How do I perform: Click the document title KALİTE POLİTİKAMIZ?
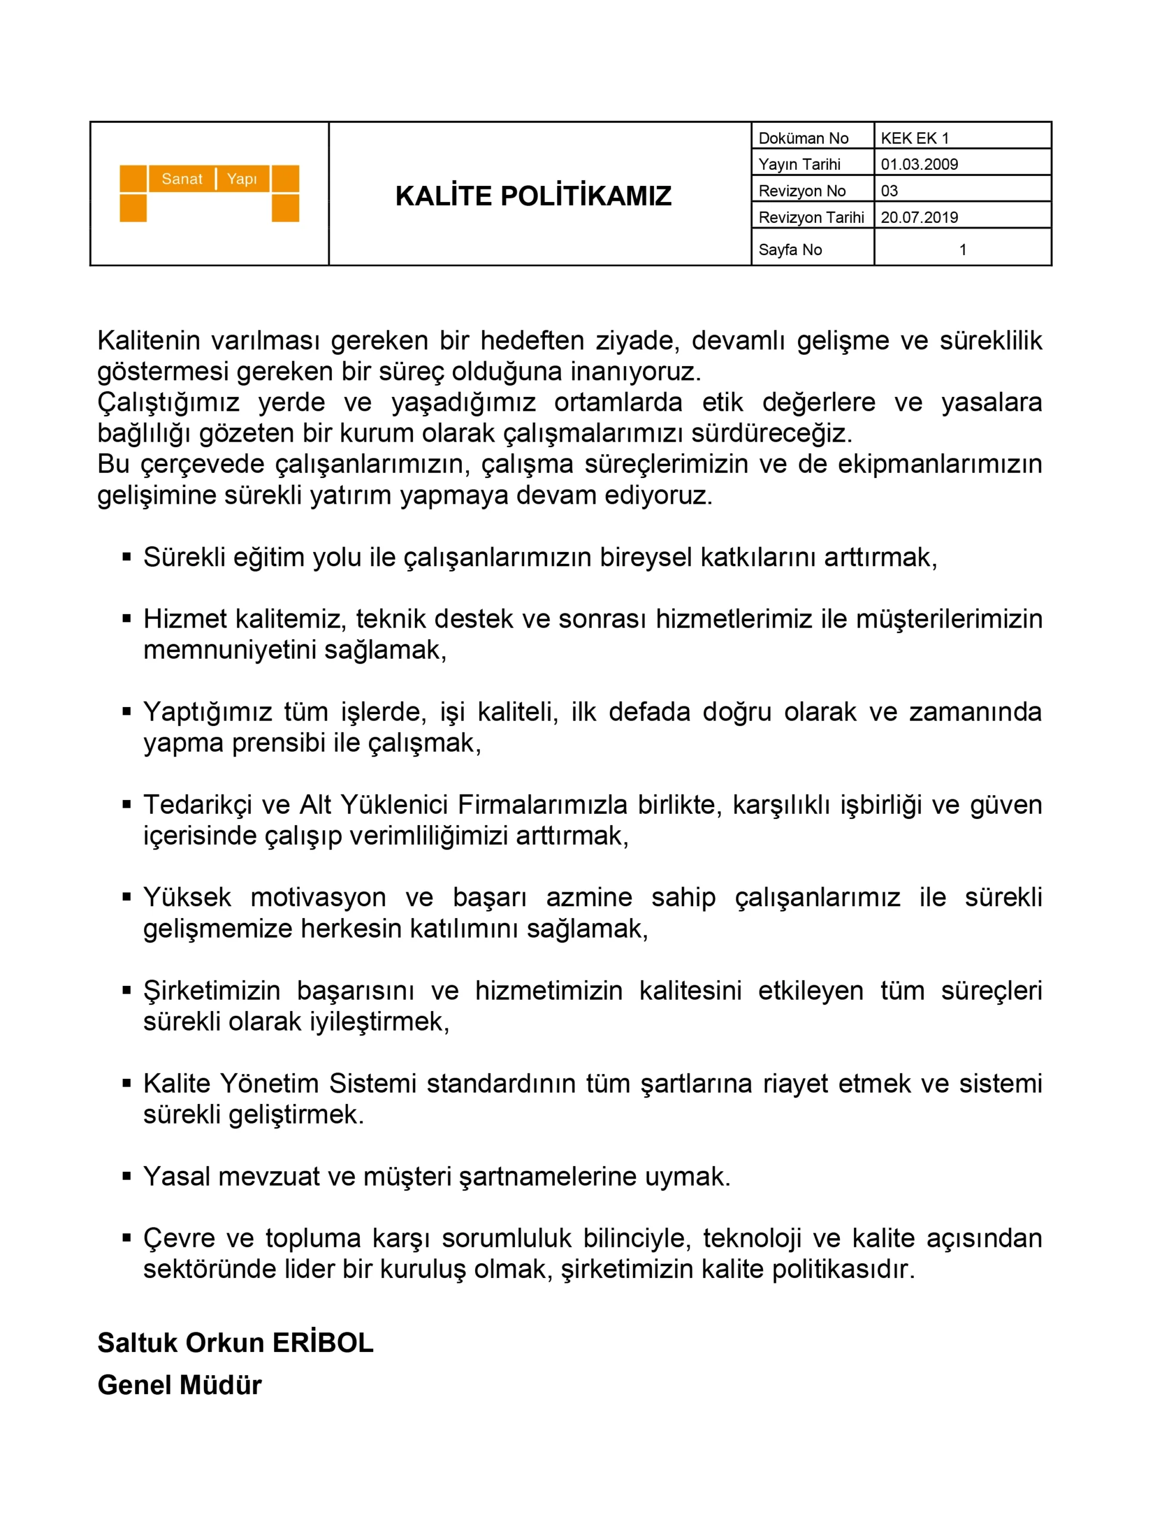[533, 196]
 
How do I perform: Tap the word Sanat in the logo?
[182, 179]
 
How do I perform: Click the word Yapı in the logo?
[242, 179]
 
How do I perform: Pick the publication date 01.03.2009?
[919, 164]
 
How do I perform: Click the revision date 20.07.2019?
[919, 218]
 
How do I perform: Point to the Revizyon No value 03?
[889, 191]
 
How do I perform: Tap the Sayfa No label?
[790, 249]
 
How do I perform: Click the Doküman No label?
[803, 138]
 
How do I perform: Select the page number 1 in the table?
[962, 249]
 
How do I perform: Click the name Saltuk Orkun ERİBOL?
[235, 1343]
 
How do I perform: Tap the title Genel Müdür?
[179, 1385]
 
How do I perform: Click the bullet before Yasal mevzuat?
[126, 1177]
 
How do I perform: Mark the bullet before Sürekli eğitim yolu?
[126, 557]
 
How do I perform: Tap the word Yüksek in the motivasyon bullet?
[187, 897]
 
